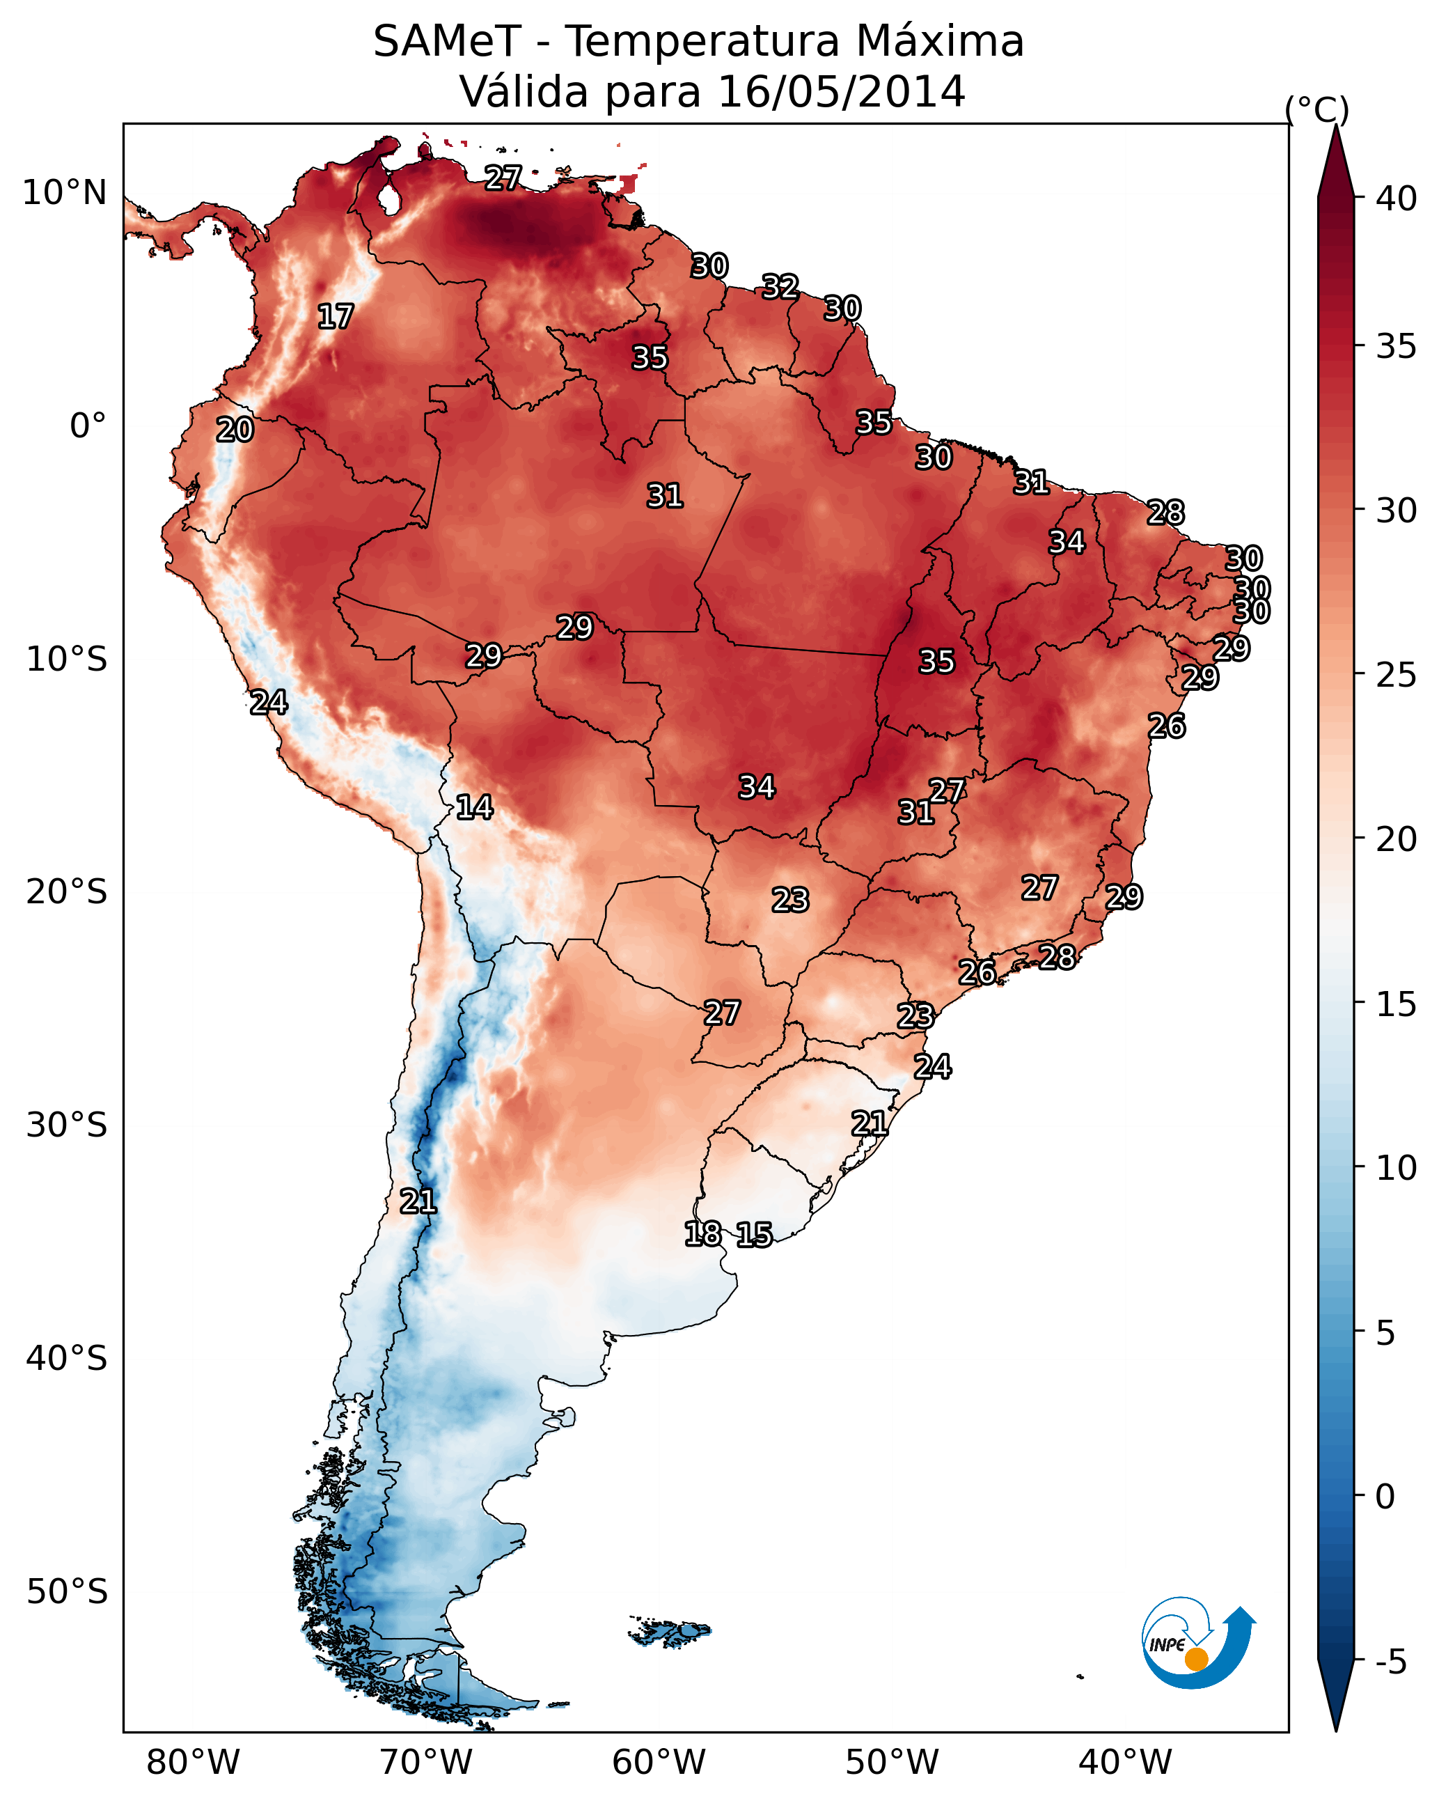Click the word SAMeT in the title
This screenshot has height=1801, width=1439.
pos(447,42)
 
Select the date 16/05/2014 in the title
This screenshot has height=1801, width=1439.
pos(841,92)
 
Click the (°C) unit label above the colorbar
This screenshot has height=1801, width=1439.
pos(1316,109)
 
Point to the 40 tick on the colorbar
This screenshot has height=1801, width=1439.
pos(1397,198)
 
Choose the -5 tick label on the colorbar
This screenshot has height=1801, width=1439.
pos(1390,1662)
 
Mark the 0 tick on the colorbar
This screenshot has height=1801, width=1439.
pos(1385,1497)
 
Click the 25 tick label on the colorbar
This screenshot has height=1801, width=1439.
pos(1397,675)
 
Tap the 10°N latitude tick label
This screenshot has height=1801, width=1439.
pos(64,193)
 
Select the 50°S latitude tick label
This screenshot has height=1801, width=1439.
pos(67,1592)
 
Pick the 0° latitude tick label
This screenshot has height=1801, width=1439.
pos(88,426)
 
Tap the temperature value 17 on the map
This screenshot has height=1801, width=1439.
pos(336,317)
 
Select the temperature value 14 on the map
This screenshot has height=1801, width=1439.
pos(474,807)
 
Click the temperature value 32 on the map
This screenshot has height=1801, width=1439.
pos(780,286)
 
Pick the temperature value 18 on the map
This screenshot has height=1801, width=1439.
pos(702,1234)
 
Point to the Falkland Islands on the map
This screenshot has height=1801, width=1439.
pos(670,1632)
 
